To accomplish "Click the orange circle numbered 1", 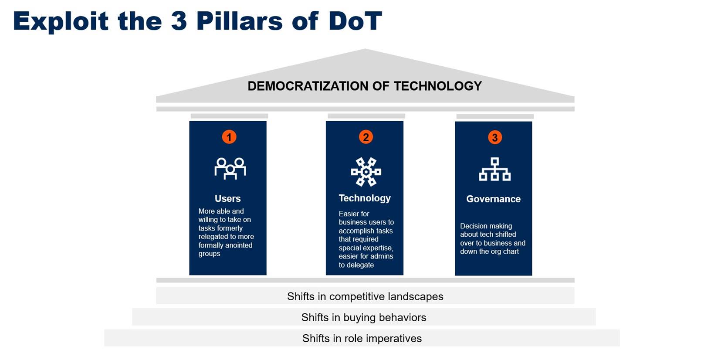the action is [229, 137].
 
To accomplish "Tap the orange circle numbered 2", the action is [366, 137].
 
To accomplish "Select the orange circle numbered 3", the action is [494, 137].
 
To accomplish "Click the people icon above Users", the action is [230, 168].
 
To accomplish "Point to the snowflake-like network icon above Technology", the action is [366, 172].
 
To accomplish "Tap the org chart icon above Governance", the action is [494, 169].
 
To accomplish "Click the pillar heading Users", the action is [227, 198].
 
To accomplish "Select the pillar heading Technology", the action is [365, 198].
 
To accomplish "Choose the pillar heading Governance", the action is [493, 199].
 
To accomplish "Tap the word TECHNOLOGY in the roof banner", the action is [438, 86].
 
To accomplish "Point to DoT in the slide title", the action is [355, 21].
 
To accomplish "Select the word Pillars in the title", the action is [239, 21].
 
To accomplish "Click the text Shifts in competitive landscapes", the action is [365, 296].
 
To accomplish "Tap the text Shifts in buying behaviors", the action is [364, 317].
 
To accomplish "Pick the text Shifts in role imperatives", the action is [362, 338].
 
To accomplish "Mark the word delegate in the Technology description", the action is [360, 265].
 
